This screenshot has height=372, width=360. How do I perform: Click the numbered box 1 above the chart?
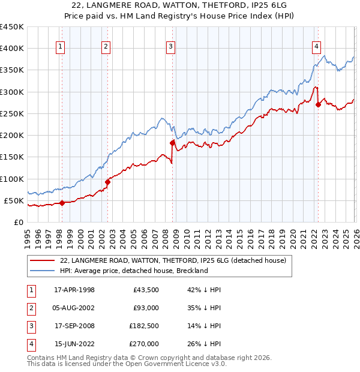click(61, 47)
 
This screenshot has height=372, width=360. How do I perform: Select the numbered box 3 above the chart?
click(171, 47)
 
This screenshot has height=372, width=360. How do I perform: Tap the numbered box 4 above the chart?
click(316, 47)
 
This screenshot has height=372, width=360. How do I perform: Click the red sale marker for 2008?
click(172, 143)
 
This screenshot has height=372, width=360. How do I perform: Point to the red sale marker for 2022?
click(318, 105)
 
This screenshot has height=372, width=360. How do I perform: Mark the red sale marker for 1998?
click(62, 203)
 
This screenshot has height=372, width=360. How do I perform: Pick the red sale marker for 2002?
click(107, 182)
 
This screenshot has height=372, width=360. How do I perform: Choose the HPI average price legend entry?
click(133, 271)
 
